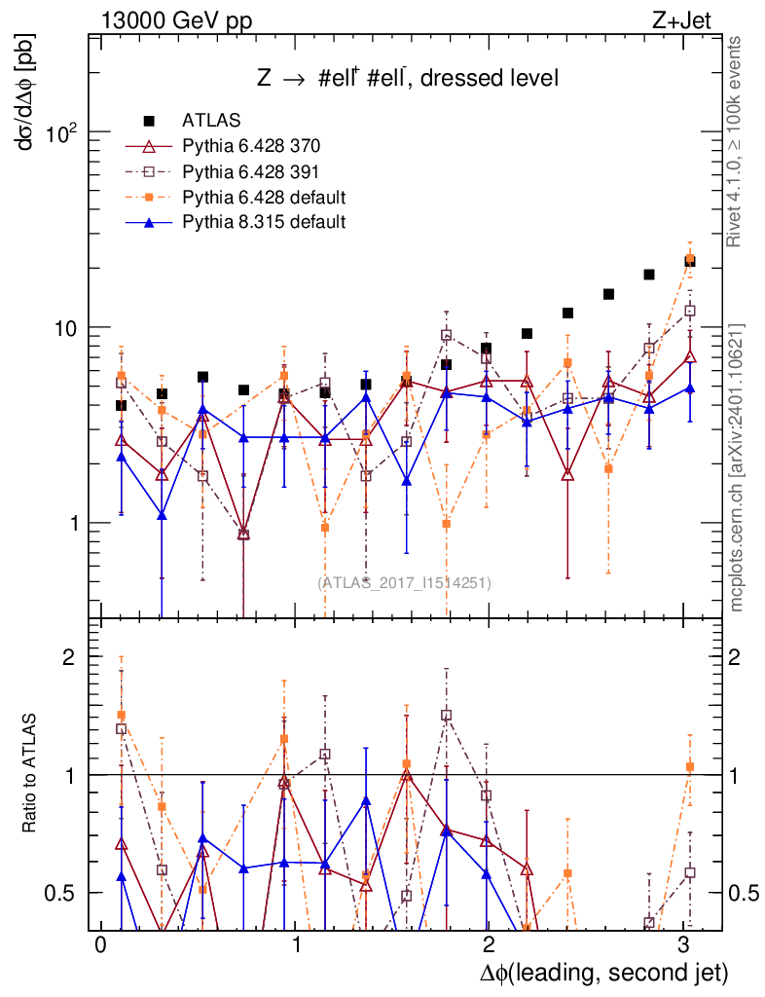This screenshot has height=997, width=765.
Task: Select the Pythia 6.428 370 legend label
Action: coord(251,146)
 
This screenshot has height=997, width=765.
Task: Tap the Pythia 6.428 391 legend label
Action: coord(251,171)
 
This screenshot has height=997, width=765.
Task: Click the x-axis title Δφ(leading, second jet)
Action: coord(603,973)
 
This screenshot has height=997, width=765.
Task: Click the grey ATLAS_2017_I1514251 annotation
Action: coord(404,582)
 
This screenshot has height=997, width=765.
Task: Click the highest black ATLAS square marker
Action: coord(689,261)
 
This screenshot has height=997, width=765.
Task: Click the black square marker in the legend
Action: coord(149,121)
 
